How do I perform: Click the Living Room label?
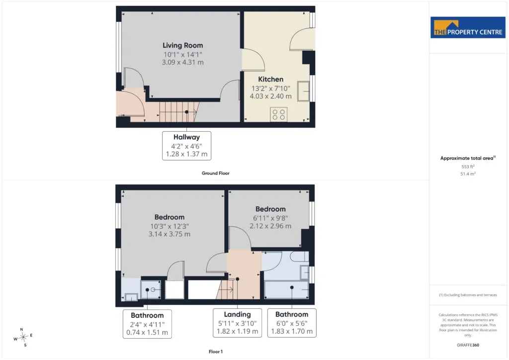click(x=183, y=45)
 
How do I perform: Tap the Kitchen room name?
click(x=271, y=79)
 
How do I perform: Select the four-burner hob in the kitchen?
click(x=278, y=114)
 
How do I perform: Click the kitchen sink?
click(x=303, y=91)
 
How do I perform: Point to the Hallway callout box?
click(x=187, y=146)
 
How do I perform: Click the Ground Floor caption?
click(x=216, y=174)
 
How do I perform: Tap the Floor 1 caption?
click(x=216, y=352)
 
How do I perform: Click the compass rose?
click(x=23, y=337)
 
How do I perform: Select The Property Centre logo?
click(x=468, y=27)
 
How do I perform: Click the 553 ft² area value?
click(x=468, y=167)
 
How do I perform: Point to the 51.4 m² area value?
click(x=468, y=174)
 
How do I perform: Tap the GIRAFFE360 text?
click(x=468, y=345)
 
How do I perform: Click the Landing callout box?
click(x=237, y=323)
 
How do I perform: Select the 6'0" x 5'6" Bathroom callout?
click(x=292, y=323)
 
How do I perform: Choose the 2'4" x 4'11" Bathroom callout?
click(x=147, y=324)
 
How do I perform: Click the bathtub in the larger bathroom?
click(x=286, y=289)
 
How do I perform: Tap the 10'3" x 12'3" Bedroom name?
click(x=170, y=217)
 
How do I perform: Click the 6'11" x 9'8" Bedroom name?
click(x=270, y=209)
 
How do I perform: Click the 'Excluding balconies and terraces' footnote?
click(x=468, y=295)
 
